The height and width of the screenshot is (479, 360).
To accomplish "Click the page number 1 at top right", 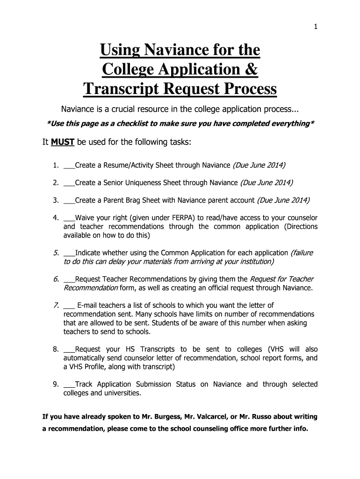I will [316, 27].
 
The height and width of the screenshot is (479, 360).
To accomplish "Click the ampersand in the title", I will [251, 69].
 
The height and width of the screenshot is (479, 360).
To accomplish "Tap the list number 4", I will [55, 218].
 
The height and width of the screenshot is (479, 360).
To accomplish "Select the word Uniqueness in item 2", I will [140, 182].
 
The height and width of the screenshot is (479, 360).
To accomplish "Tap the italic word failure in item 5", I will [302, 253].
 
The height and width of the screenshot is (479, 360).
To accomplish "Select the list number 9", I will [55, 385].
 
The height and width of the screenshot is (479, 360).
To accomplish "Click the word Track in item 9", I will [84, 385].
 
